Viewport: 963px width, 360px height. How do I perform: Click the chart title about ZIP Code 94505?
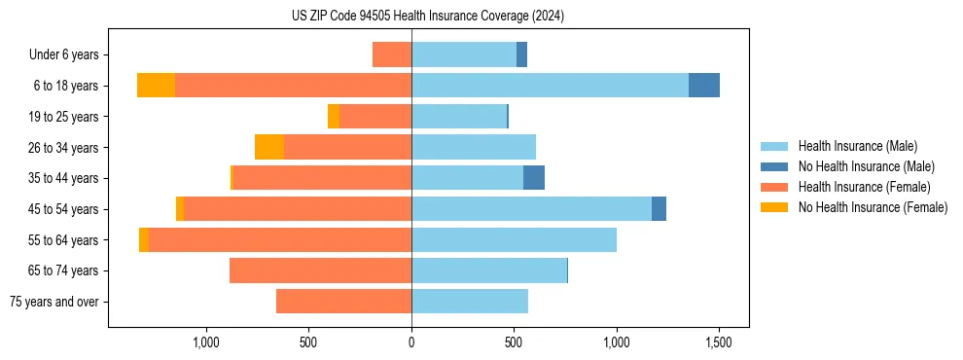427,17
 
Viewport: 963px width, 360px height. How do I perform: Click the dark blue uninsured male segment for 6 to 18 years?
704,86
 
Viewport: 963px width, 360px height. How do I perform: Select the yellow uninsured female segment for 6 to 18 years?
156,86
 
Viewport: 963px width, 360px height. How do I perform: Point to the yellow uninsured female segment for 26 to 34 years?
269,147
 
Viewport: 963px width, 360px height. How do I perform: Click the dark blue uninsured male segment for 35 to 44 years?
534,178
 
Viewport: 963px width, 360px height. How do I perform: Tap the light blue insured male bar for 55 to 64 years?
514,239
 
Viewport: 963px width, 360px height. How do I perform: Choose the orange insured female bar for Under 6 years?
392,54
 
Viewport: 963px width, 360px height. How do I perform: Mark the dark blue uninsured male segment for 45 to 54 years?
659,208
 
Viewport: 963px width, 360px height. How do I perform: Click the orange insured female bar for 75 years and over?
343,302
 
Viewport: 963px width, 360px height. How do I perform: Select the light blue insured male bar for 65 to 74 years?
489,270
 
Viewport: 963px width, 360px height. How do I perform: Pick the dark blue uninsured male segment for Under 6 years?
521,54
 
